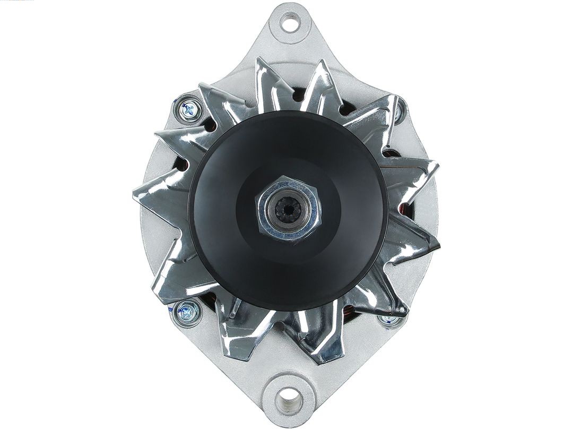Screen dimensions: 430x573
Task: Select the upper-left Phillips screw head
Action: click(x=189, y=110)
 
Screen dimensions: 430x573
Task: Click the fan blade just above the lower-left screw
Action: click(x=175, y=271)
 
